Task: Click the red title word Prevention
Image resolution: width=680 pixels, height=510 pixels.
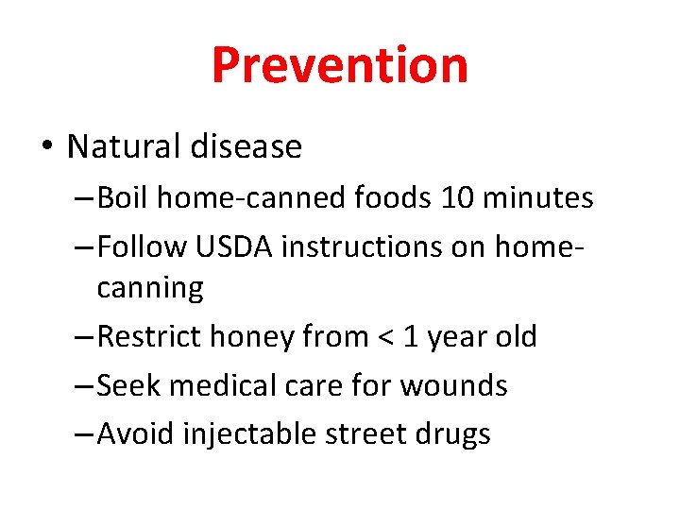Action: point(339,65)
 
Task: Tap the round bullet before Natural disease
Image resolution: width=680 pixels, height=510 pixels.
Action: point(47,148)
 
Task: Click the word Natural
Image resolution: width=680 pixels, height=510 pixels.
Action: point(122,146)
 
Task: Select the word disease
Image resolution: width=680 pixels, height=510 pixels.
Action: point(245,146)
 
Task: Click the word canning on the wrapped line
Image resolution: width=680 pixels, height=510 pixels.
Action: point(150,289)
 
